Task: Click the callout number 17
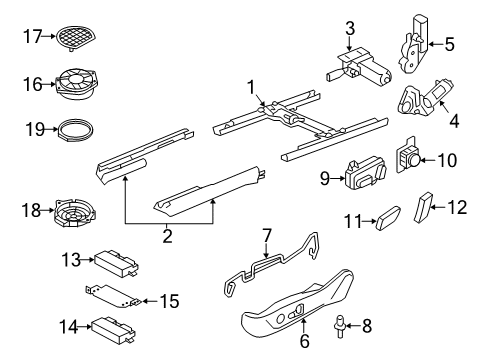pyautogui.click(x=32, y=36)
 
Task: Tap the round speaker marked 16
pyautogui.click(x=77, y=84)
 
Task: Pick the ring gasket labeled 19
pyautogui.click(x=76, y=130)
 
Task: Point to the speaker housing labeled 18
pyautogui.click(x=75, y=213)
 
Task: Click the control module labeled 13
pyautogui.click(x=116, y=263)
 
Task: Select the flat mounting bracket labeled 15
pyautogui.click(x=112, y=296)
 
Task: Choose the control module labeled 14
pyautogui.click(x=114, y=329)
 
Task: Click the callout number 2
pyautogui.click(x=167, y=236)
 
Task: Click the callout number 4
pyautogui.click(x=454, y=121)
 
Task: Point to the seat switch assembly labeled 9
pyautogui.click(x=366, y=174)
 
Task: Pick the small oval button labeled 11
pyautogui.click(x=388, y=218)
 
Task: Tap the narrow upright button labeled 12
pyautogui.click(x=422, y=207)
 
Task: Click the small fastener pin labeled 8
pyautogui.click(x=339, y=328)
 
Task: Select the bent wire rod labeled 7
pyautogui.click(x=271, y=264)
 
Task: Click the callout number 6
pyautogui.click(x=304, y=341)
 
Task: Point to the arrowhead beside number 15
pyautogui.click(x=145, y=301)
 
